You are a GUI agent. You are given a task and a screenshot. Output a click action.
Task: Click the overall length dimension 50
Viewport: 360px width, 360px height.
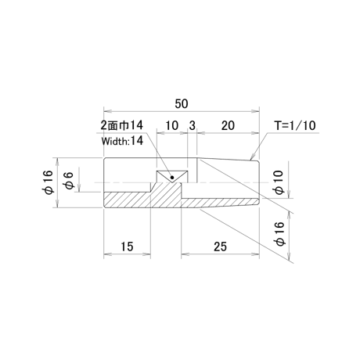click(x=182, y=104)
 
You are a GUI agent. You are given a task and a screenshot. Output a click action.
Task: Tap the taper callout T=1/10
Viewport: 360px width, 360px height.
click(x=295, y=125)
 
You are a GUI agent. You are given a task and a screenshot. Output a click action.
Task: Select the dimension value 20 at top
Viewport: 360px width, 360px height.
click(x=228, y=126)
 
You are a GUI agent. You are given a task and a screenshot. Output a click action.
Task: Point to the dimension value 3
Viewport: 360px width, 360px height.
click(x=192, y=126)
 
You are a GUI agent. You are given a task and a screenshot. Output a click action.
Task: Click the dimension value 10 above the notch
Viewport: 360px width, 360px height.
click(x=171, y=126)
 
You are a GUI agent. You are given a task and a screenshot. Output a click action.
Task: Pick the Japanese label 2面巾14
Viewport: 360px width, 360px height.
click(x=122, y=125)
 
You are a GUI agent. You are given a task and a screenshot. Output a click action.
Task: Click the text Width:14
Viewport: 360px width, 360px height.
click(x=122, y=141)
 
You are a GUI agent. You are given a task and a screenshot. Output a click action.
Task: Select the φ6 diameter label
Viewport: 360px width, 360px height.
click(x=69, y=180)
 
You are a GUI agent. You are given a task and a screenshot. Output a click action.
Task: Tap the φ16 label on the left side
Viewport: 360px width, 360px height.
click(x=49, y=182)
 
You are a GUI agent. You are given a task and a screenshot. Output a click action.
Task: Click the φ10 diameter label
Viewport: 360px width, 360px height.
click(x=279, y=182)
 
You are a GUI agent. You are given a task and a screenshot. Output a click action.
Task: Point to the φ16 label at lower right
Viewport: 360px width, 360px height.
click(x=280, y=234)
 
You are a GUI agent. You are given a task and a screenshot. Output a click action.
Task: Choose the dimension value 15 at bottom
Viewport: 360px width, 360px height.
click(x=127, y=247)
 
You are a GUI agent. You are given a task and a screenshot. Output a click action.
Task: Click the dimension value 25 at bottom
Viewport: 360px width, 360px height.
click(x=221, y=247)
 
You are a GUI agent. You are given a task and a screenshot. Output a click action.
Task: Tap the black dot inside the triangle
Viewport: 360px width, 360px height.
click(x=172, y=178)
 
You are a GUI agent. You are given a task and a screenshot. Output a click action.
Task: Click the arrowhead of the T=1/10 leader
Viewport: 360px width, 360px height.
click(x=252, y=157)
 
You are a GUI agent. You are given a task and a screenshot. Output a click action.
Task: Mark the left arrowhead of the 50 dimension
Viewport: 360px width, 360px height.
click(x=108, y=111)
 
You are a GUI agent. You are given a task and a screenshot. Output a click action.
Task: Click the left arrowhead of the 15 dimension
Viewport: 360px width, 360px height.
click(x=108, y=254)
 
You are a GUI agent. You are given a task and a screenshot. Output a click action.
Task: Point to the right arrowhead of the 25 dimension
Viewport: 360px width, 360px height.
click(x=255, y=254)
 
